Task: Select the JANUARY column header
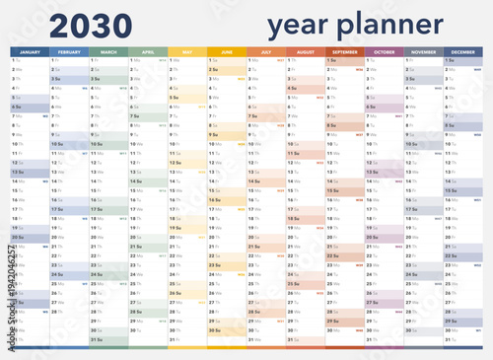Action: (30, 51)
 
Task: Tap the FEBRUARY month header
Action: (69, 51)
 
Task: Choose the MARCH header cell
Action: (108, 51)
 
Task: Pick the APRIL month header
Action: (148, 51)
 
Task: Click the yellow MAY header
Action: (187, 51)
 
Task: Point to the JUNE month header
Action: (227, 51)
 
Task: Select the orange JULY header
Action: (266, 51)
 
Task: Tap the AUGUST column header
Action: (306, 51)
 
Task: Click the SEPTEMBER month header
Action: (345, 51)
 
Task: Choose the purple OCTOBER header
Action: (385, 51)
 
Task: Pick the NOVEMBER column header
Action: (424, 51)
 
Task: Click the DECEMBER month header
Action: (463, 51)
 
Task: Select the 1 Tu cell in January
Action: (30, 60)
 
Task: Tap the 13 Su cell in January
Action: (30, 173)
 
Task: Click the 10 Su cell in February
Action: (69, 145)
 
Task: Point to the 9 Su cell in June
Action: (227, 135)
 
